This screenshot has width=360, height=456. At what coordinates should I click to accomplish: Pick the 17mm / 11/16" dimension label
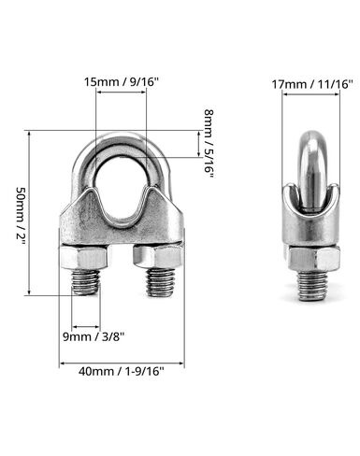[312, 83]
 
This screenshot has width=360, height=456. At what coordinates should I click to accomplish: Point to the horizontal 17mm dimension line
[312, 97]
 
